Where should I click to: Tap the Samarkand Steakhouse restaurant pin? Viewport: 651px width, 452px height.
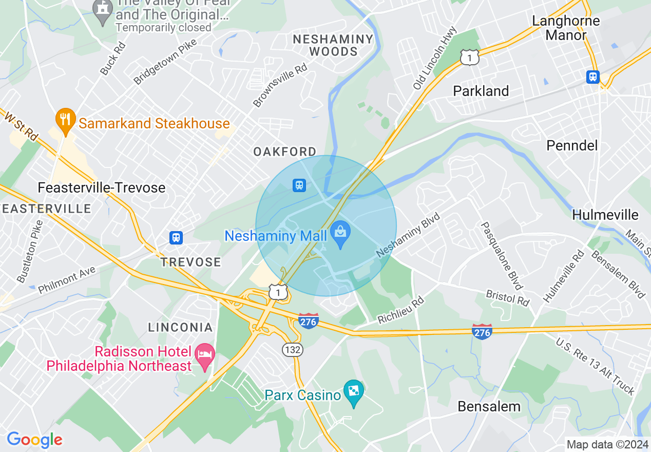click(65, 120)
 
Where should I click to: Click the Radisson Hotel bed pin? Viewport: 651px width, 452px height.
click(206, 356)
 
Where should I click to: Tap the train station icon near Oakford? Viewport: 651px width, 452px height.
click(299, 185)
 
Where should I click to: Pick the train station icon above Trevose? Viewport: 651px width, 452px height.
click(176, 238)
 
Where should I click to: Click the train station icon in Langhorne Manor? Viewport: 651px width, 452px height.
click(593, 77)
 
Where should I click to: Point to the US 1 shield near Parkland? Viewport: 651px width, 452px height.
click(470, 58)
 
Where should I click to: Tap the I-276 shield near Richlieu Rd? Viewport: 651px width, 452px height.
click(308, 322)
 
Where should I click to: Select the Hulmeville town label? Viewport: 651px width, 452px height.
click(605, 215)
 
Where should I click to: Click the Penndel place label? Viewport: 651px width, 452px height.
click(572, 145)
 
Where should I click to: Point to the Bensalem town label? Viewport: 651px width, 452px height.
click(489, 406)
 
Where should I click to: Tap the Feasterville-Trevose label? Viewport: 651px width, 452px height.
click(102, 188)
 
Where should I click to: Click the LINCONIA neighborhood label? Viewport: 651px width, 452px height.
click(180, 327)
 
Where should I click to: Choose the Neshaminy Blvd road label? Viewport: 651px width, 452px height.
click(409, 236)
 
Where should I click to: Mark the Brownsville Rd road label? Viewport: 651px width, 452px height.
click(280, 85)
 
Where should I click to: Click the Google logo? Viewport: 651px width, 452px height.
click(34, 440)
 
